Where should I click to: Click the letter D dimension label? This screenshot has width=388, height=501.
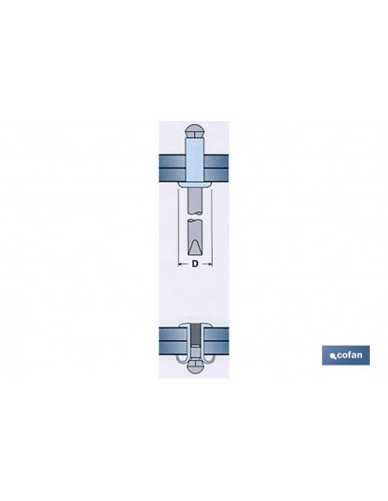click(x=195, y=264)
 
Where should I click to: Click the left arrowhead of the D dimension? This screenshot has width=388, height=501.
click(x=179, y=264)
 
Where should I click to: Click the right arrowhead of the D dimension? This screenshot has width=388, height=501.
click(x=210, y=264)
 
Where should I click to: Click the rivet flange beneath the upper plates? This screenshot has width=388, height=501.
click(x=195, y=184)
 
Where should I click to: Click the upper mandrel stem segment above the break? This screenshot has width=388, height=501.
click(x=195, y=201)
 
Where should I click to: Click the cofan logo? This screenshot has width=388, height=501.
click(x=345, y=355)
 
